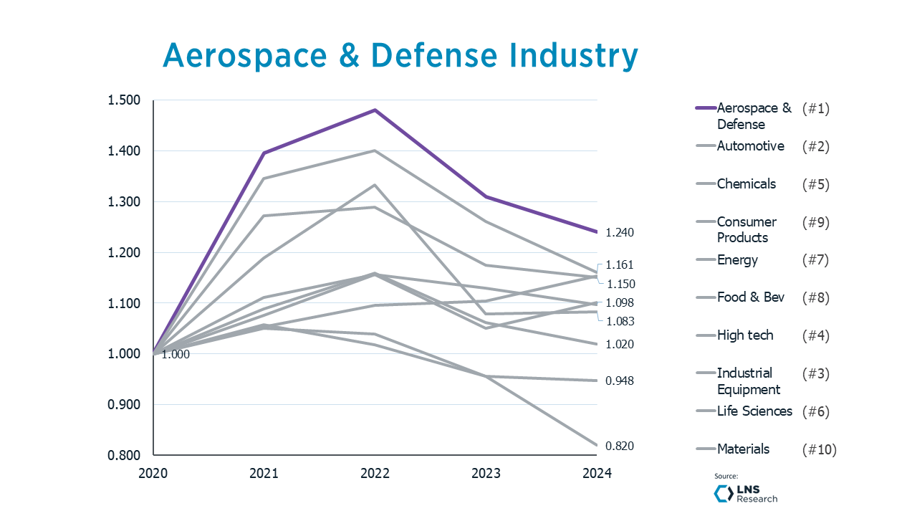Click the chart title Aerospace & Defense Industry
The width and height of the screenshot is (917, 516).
400,55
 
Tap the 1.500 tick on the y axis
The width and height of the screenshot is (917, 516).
123,100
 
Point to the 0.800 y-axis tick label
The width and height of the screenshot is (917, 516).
123,456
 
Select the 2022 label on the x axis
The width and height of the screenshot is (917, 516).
375,474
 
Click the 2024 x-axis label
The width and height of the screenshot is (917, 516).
597,474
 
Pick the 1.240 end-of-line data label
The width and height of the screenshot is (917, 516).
620,233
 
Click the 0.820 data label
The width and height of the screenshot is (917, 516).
620,446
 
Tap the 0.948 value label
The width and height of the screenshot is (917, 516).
620,381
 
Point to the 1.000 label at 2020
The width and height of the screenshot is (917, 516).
176,354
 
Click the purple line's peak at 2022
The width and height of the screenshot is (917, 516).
375,110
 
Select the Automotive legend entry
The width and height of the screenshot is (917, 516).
750,146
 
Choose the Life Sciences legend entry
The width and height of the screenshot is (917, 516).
754,411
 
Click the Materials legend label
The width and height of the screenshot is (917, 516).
743,449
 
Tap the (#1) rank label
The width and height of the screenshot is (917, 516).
815,109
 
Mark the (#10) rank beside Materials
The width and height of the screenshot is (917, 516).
819,450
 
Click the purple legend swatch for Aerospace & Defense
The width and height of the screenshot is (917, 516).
706,108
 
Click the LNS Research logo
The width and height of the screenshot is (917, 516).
746,493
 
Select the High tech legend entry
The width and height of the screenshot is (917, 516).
745,335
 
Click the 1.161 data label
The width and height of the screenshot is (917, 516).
620,265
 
